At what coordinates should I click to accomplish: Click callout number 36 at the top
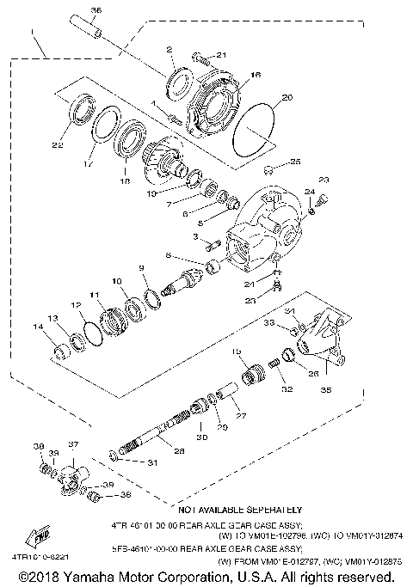click(96, 9)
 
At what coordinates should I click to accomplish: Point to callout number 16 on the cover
click(256, 76)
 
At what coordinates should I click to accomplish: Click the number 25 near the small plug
click(295, 162)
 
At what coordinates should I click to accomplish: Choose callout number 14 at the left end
click(37, 326)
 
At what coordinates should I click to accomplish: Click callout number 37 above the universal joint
click(73, 444)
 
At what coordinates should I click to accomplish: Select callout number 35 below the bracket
click(324, 388)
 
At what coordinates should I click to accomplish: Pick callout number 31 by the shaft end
click(153, 464)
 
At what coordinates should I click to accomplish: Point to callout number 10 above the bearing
click(117, 281)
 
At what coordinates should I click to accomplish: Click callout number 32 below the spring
click(286, 389)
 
